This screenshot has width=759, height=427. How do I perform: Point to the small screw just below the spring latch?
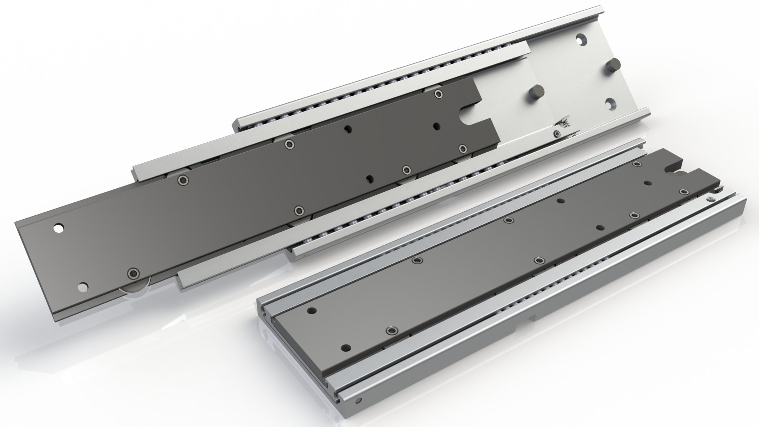tap(557, 133)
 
